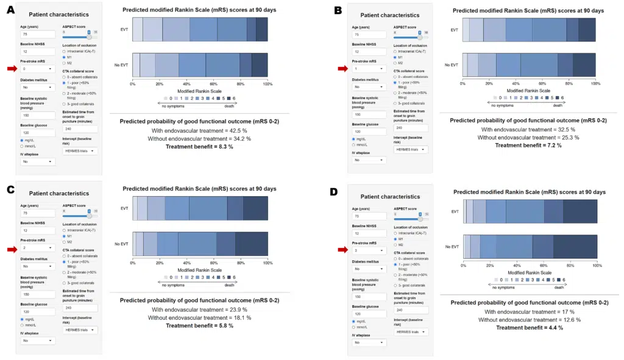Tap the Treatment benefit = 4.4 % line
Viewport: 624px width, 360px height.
pyautogui.click(x=529, y=328)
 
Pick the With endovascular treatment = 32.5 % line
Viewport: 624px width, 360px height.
pyautogui.click(x=528, y=129)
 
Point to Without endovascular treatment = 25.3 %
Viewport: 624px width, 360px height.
pyautogui.click(x=528, y=137)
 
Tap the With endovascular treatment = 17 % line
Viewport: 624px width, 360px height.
pyautogui.click(x=529, y=311)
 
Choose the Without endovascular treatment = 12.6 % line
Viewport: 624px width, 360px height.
pyautogui.click(x=529, y=319)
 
